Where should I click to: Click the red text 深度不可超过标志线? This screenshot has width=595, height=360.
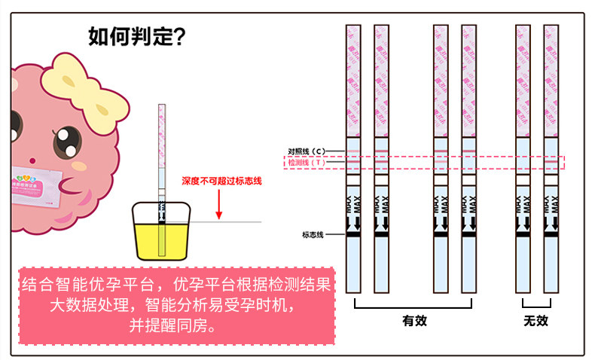click(221, 182)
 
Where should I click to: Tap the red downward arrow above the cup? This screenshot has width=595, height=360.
click(218, 203)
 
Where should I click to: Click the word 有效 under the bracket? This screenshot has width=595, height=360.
click(414, 320)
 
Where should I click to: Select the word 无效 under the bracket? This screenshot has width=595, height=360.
click(535, 320)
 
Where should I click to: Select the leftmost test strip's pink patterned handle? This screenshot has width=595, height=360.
click(353, 79)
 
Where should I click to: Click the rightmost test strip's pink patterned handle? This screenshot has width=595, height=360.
click(551, 79)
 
